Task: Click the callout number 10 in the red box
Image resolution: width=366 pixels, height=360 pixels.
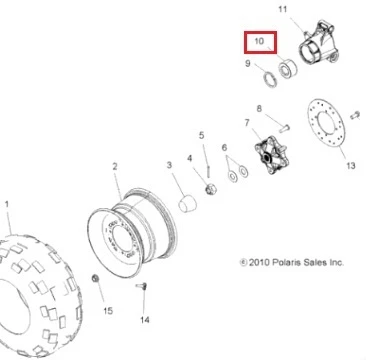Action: point(259,41)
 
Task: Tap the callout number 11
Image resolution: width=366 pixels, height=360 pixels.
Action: point(282,9)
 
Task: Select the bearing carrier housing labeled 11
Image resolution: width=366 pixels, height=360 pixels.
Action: point(318,42)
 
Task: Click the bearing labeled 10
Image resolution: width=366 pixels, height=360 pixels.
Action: point(287,68)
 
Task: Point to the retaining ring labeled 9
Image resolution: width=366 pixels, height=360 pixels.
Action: point(271,80)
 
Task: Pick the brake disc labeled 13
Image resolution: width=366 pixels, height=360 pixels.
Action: point(326,123)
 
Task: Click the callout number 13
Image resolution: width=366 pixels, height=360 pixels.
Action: point(351,165)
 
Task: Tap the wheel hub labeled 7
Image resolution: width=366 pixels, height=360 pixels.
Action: point(272,154)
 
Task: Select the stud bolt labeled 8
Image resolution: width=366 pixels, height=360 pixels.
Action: point(284,128)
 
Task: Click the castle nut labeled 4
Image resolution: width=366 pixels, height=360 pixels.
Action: point(211,190)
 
